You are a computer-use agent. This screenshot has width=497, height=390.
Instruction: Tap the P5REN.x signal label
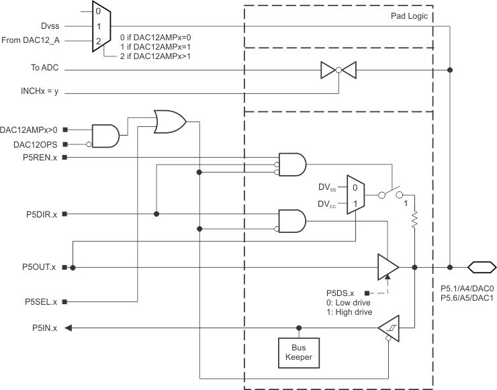click(x=39, y=157)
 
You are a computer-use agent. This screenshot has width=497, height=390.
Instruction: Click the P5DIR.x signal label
click(x=39, y=214)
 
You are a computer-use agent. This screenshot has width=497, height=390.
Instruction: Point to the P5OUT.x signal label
click(x=38, y=267)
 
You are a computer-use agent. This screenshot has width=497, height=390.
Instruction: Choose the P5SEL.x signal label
click(x=39, y=301)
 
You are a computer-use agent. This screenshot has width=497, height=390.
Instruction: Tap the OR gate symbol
click(x=170, y=121)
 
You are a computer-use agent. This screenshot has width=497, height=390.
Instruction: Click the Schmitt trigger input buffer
click(x=388, y=328)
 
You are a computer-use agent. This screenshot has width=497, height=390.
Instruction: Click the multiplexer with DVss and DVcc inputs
click(x=355, y=195)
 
